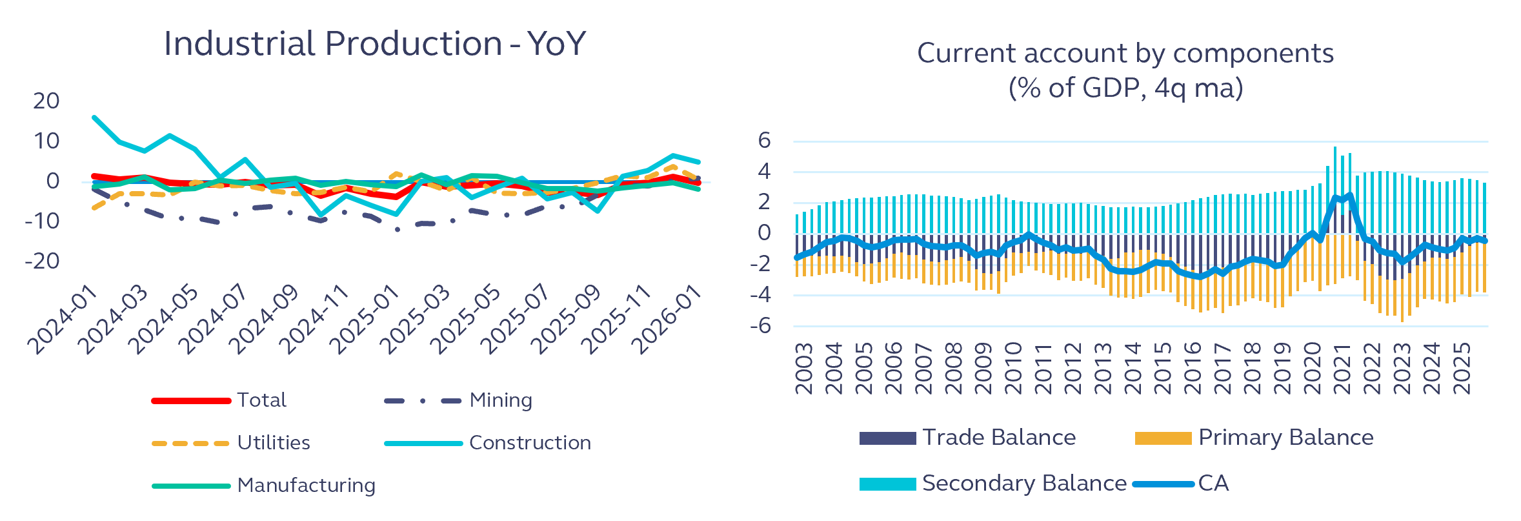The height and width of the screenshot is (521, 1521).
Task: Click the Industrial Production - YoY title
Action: tap(375, 44)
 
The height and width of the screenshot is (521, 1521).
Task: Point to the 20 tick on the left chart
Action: tap(46, 101)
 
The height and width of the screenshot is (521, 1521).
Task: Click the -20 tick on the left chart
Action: tap(42, 261)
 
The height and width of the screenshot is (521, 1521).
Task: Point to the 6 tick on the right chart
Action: tap(764, 140)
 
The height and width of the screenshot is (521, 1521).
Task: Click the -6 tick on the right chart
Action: tap(760, 325)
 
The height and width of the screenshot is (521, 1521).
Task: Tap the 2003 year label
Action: tap(804, 368)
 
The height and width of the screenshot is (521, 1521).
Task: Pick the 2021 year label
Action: tap(1342, 368)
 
